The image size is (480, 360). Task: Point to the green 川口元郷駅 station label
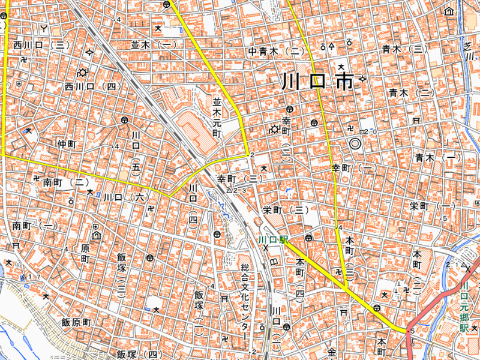click(x=463, y=309)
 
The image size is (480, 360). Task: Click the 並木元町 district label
click(x=217, y=115)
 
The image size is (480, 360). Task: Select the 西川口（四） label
click(x=93, y=87)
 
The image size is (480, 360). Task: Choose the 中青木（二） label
click(x=277, y=52)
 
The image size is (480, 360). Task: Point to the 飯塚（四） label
click(x=140, y=355)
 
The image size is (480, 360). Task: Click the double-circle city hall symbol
click(x=355, y=144)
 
